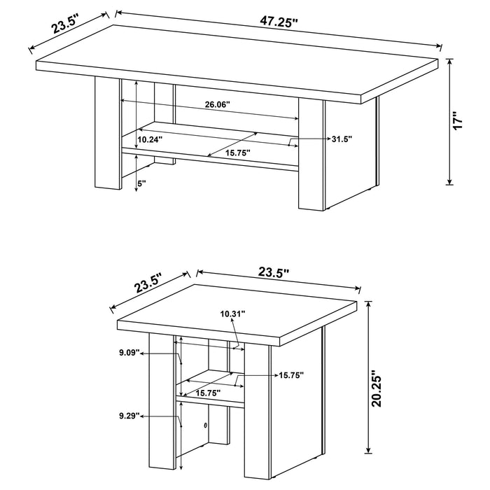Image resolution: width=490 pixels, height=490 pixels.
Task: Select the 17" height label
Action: [459, 120]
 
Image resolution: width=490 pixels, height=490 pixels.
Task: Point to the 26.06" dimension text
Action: [217, 104]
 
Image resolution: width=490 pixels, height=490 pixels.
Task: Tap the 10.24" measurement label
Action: [150, 139]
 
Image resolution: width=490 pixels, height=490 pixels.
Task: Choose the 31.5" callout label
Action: [341, 139]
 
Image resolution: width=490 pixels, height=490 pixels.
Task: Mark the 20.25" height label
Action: [379, 389]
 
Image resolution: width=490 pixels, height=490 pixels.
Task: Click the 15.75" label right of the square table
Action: [290, 376]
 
